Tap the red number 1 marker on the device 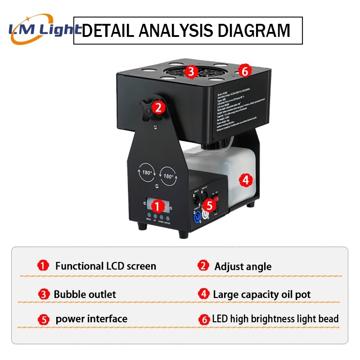(157, 206)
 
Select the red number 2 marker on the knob (157, 107)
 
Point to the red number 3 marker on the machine (191, 71)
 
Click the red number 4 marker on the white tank (245, 180)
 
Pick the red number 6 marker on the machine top (244, 71)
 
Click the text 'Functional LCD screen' (106, 266)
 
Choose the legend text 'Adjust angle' (243, 266)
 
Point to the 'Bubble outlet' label (85, 295)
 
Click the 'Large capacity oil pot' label (262, 295)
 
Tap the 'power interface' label (91, 319)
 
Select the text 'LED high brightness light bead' (275, 319)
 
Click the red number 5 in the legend (43, 320)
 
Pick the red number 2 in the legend (204, 266)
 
